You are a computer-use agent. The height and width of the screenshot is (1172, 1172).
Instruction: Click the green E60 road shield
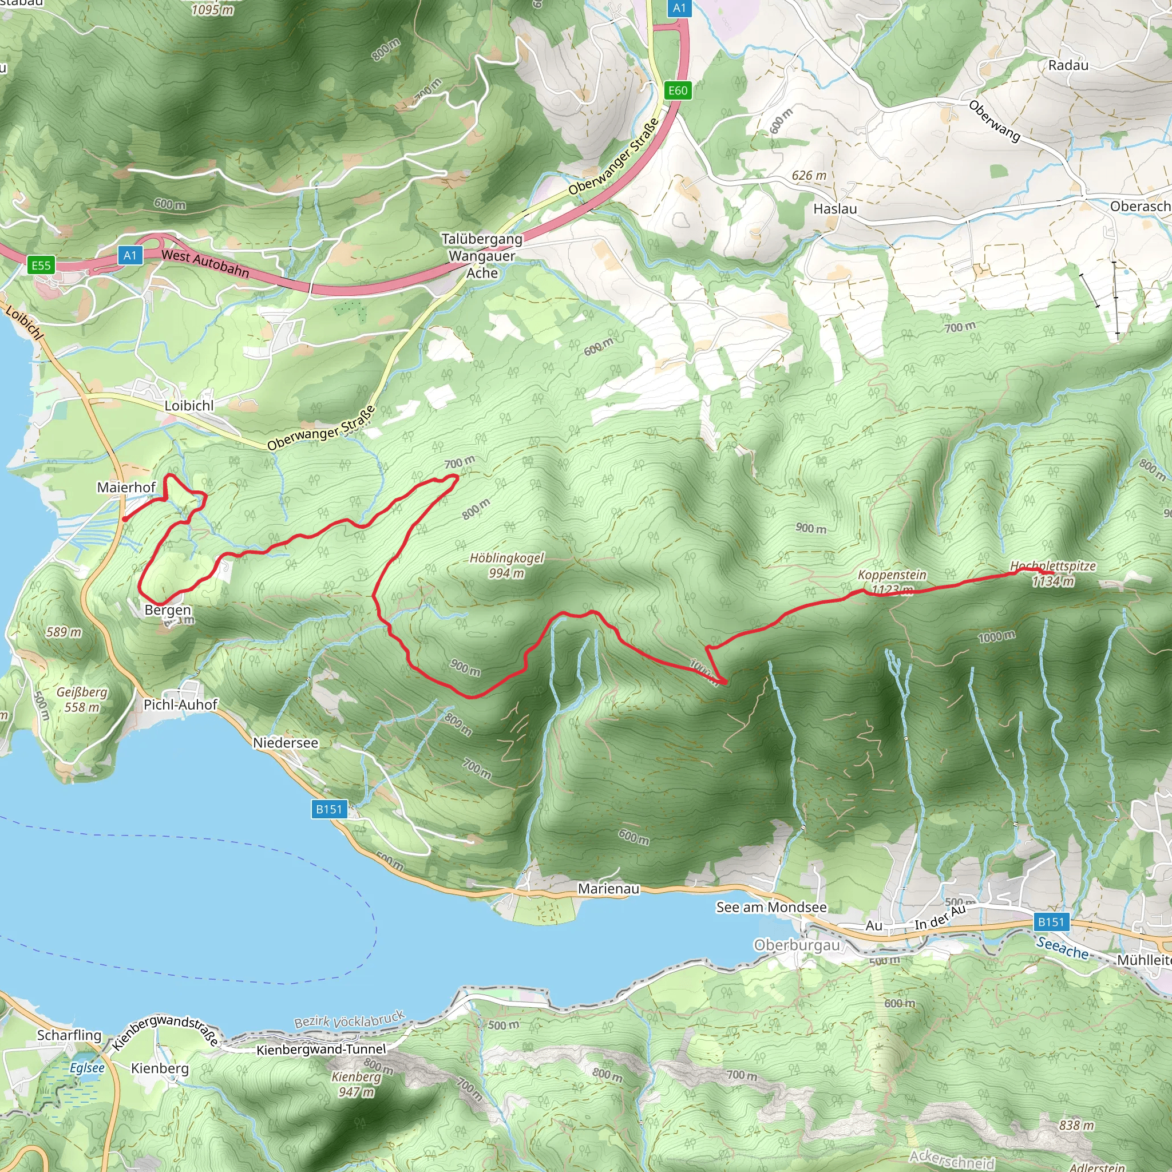click(x=678, y=90)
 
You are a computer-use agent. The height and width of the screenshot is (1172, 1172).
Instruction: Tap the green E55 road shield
click(x=41, y=265)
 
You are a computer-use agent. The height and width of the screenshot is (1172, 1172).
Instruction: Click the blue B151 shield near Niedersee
click(x=329, y=809)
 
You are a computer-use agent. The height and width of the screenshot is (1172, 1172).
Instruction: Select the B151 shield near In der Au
click(x=1051, y=922)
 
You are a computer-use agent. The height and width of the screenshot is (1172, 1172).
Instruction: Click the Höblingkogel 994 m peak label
click(x=506, y=565)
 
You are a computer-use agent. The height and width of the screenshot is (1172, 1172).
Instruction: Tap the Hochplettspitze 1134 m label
click(x=1052, y=573)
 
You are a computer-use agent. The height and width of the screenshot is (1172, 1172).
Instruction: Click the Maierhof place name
click(x=126, y=487)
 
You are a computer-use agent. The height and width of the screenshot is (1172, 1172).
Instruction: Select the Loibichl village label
click(x=189, y=405)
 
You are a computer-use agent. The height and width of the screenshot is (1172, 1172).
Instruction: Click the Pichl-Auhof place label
click(x=180, y=704)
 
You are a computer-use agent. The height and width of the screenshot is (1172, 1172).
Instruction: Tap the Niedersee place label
click(x=285, y=742)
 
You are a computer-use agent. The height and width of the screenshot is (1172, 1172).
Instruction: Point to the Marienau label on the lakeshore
click(x=608, y=889)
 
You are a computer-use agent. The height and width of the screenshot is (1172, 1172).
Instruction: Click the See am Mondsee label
click(x=771, y=907)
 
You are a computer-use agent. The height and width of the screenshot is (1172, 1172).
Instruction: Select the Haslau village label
click(x=835, y=209)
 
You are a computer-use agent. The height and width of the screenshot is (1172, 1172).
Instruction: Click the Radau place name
click(x=1068, y=65)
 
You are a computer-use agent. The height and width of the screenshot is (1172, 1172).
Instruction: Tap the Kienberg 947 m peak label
click(x=356, y=1084)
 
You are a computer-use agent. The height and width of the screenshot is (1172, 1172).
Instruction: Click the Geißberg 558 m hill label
click(x=82, y=699)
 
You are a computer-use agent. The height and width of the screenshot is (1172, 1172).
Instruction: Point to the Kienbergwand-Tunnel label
click(x=321, y=1049)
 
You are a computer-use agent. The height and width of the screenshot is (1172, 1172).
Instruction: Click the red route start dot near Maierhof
click(x=124, y=518)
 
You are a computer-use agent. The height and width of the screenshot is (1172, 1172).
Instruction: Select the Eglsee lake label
click(x=87, y=1068)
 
